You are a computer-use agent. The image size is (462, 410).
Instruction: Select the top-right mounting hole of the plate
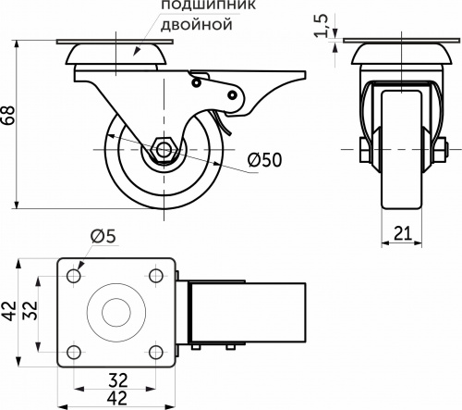point(156,276)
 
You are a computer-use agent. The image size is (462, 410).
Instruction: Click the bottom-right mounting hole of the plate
point(156,351)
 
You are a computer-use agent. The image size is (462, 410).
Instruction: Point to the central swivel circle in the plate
point(115,314)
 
